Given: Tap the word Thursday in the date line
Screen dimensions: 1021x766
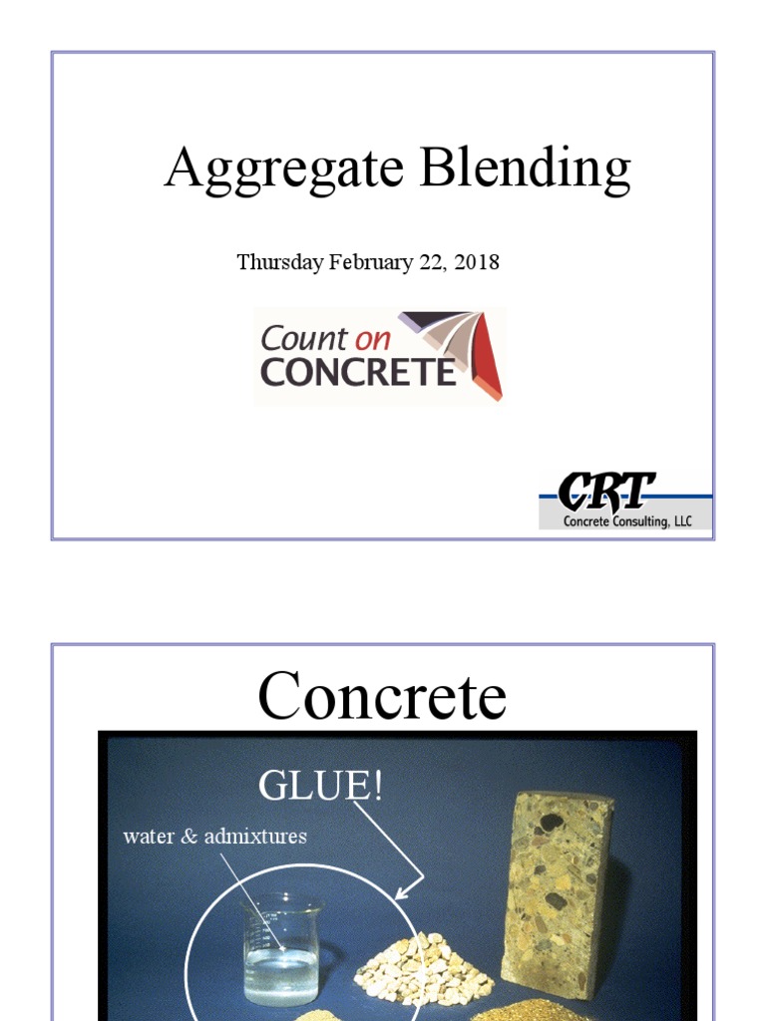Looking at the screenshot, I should point(279,262).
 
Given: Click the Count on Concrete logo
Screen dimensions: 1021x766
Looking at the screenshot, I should point(379,356).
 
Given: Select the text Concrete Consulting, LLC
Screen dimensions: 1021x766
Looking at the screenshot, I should point(627,521).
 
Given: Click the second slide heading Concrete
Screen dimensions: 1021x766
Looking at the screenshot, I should point(382,696).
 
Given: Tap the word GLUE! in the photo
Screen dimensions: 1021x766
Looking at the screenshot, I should point(320,786).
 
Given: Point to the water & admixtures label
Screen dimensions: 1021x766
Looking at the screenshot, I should point(214,836).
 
